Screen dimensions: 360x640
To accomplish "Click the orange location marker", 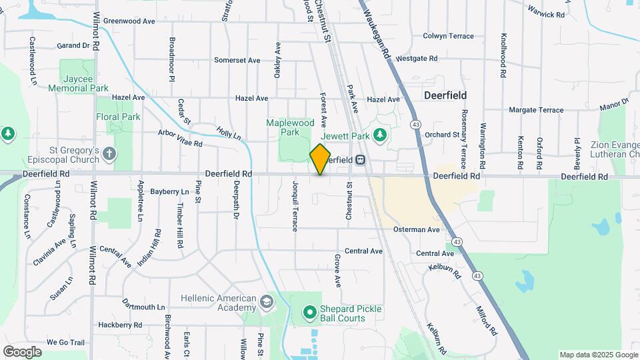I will tap(321, 159).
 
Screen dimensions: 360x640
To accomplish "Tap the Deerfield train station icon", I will tap(361, 160).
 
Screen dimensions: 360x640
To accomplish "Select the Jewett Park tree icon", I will tap(380, 135).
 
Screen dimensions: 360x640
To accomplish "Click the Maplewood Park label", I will tap(290, 127).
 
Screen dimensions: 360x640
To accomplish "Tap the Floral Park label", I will tap(117, 117).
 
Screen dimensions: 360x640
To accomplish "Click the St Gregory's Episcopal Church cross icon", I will tap(109, 155).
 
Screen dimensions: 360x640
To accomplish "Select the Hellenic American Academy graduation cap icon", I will tap(267, 303).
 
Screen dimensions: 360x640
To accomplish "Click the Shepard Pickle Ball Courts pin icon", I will tap(309, 311).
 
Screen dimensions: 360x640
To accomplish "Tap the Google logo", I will tap(22, 352).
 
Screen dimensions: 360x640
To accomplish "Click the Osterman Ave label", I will tap(416, 229).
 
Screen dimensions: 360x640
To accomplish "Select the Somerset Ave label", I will tap(237, 60).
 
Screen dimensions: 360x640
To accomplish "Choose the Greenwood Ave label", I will tap(129, 21).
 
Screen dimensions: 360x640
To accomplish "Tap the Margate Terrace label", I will tap(536, 109).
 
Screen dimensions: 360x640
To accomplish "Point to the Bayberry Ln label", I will tap(169, 191).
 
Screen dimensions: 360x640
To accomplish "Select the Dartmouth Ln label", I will tap(143, 307).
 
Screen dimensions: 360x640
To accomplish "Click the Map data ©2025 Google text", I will tap(598, 355).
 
